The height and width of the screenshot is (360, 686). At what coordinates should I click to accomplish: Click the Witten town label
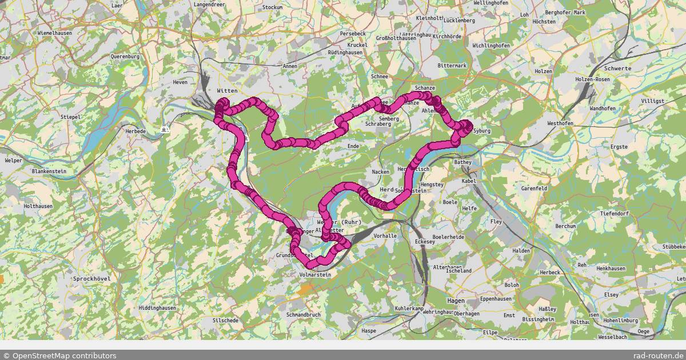pyautogui.click(x=227, y=91)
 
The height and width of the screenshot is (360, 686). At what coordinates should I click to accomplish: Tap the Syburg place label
pyautogui.click(x=482, y=131)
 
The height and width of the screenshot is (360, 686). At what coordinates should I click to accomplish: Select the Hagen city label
pyautogui.click(x=456, y=300)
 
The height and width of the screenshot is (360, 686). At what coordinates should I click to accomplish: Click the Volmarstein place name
pyautogui.click(x=315, y=275)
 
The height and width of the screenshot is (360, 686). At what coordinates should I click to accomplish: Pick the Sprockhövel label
pyautogui.click(x=91, y=278)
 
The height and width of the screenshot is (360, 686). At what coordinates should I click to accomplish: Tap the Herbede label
pyautogui.click(x=135, y=131)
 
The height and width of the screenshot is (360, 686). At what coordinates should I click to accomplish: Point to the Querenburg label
pyautogui.click(x=125, y=57)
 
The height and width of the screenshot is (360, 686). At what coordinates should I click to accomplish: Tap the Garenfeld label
pyautogui.click(x=535, y=188)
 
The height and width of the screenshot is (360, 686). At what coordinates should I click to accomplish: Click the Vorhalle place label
pyautogui.click(x=385, y=235)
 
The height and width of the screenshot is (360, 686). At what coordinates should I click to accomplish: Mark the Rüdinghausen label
pyautogui.click(x=345, y=53)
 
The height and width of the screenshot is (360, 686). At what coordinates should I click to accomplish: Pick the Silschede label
pyautogui.click(x=225, y=321)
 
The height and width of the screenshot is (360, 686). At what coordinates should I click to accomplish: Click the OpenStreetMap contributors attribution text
pyautogui.click(x=59, y=355)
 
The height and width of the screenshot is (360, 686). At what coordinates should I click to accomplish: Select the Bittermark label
pyautogui.click(x=452, y=66)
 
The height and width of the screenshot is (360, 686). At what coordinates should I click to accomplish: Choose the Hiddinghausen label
pyautogui.click(x=157, y=307)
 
